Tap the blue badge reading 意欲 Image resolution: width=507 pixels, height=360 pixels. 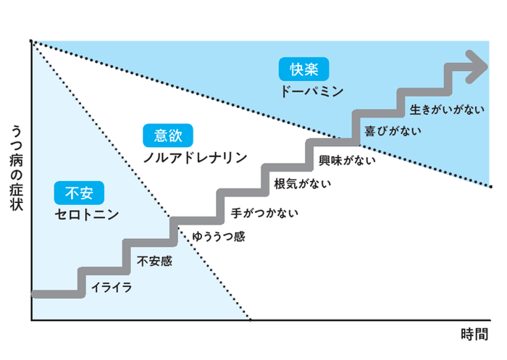[169, 135]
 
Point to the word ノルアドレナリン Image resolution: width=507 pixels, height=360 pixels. [195, 156]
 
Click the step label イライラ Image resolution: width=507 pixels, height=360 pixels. [112, 288]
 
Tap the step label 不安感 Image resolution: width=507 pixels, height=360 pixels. [154, 261]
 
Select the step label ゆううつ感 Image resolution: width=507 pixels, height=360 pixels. [219, 237]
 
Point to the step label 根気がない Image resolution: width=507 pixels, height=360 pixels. [303, 184]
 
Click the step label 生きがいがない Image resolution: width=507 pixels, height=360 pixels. [446, 109]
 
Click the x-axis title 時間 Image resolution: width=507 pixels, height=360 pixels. [474, 335]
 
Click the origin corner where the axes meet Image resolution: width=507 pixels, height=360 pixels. [32, 319]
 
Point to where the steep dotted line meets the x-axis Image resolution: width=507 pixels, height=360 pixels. [250, 319]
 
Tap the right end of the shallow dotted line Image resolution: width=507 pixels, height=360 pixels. [490, 186]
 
